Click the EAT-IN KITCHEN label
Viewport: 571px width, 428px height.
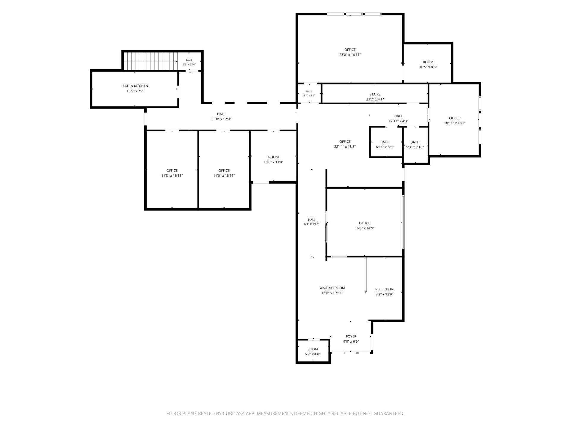pos(135,86)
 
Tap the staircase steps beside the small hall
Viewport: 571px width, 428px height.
pos(150,61)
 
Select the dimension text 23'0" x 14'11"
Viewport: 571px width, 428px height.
pos(350,55)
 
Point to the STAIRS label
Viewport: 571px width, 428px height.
pos(375,94)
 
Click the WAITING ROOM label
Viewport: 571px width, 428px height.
pos(332,288)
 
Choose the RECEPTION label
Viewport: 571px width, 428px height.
pos(384,289)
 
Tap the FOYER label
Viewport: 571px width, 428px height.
pos(351,336)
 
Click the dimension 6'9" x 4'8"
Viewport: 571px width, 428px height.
pos(313,354)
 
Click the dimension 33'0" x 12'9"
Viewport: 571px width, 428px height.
pos(221,119)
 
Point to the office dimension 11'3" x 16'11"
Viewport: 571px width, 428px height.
pos(172,176)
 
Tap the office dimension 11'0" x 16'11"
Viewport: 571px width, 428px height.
pos(224,176)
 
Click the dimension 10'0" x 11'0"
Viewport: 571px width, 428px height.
pos(273,162)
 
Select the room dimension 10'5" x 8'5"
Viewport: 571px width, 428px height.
pos(428,67)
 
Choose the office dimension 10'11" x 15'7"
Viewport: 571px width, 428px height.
pos(455,123)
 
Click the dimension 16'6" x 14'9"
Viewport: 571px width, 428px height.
pos(365,228)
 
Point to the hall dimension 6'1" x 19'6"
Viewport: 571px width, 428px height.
pos(312,224)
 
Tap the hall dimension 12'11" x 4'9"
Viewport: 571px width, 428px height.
pos(398,121)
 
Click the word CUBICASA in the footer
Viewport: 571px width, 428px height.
pos(235,413)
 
